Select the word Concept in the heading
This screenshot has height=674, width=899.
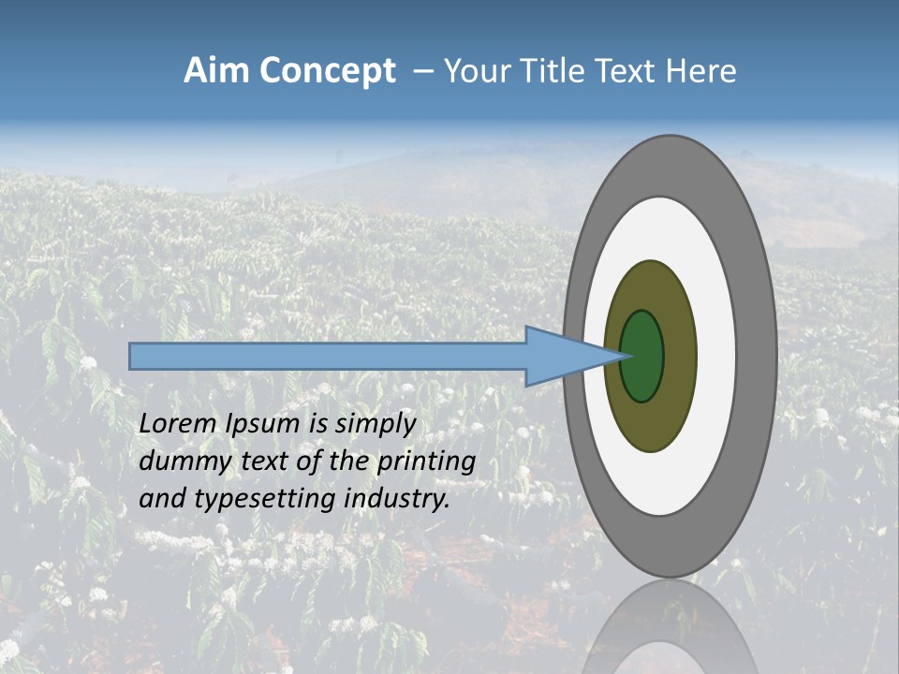328,72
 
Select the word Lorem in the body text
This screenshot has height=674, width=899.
179,424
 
